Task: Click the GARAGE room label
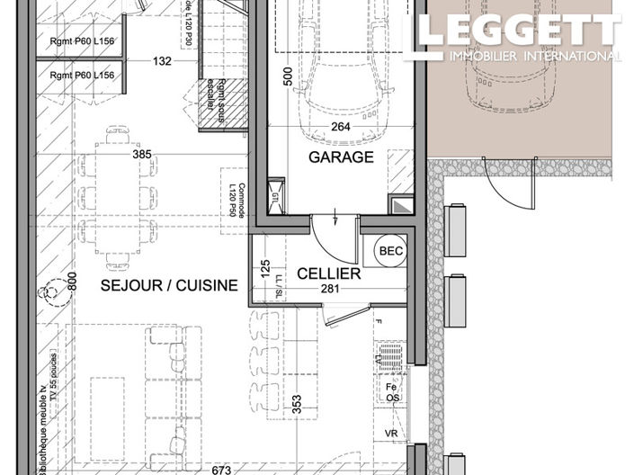(341, 157)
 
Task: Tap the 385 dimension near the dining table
(142, 155)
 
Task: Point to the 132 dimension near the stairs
(162, 62)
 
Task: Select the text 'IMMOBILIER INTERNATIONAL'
(535, 56)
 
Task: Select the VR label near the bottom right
(390, 433)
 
